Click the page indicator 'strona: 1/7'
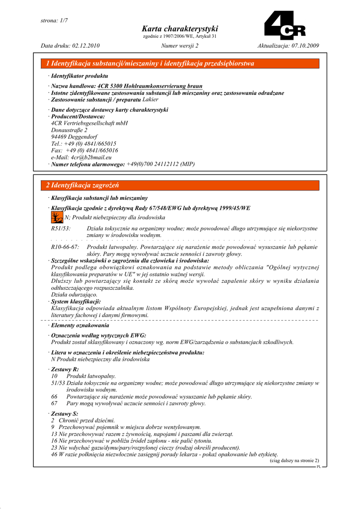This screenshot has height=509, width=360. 54,20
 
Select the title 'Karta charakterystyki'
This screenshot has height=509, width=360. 180,29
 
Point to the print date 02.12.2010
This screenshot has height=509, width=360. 86,46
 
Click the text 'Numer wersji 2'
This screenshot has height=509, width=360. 180,46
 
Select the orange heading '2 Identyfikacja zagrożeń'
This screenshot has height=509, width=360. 83,185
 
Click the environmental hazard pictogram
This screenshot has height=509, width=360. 57,217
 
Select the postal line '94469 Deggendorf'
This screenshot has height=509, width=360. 74,136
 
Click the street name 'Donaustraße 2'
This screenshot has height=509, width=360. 69,129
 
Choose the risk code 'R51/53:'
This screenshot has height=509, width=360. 61,228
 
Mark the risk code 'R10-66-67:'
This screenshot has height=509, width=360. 65,247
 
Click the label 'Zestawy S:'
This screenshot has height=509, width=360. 65,413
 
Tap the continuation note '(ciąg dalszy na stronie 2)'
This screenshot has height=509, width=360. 294,460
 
